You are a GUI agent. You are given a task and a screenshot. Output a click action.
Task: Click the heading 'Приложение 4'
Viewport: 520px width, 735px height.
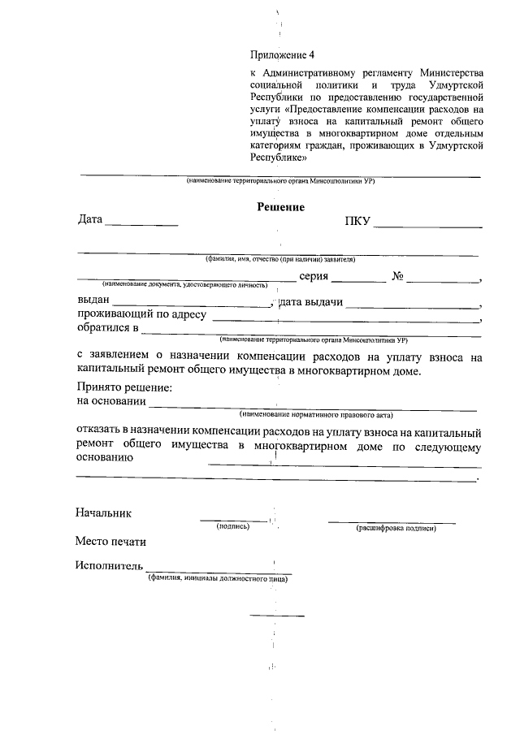[x=280, y=55]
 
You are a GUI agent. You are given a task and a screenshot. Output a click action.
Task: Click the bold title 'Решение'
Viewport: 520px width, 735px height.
[x=280, y=207]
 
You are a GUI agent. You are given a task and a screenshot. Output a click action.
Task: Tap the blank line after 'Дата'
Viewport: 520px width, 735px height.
[x=141, y=223]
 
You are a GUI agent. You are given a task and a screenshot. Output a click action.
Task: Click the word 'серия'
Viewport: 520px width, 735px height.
[x=314, y=277]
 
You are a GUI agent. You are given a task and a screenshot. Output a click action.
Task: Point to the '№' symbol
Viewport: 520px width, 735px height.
[x=398, y=277]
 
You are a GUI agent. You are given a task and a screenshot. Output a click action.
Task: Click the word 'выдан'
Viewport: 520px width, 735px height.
[x=93, y=302]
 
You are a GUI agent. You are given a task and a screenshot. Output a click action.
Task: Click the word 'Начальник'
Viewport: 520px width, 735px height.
[x=103, y=513]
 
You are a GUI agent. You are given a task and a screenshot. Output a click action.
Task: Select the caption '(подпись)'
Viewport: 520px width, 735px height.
[x=233, y=527]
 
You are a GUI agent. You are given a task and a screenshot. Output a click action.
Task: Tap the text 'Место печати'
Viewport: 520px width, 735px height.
[x=111, y=541]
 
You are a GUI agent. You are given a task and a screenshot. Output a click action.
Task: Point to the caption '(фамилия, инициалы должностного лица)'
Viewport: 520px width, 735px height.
[x=219, y=579]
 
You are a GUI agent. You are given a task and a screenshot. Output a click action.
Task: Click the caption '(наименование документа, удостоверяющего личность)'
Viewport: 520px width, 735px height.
[x=184, y=286]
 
